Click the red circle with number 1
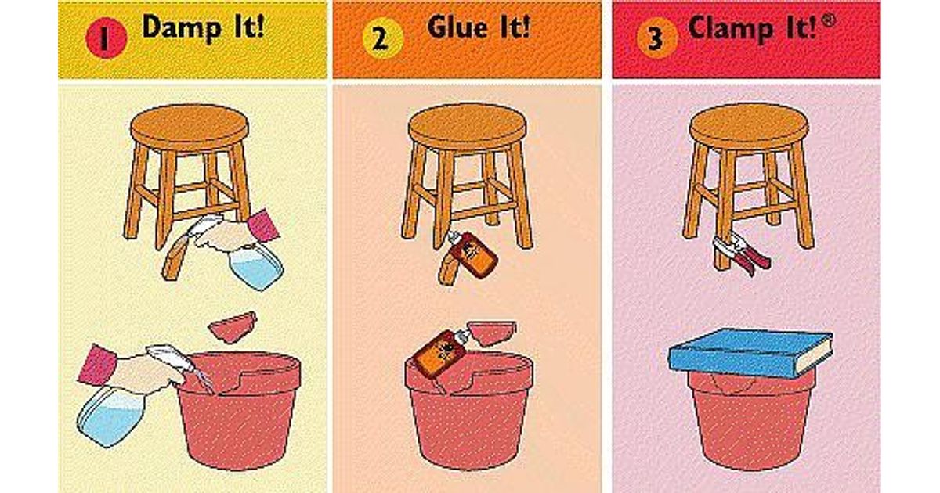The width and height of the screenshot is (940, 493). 107,38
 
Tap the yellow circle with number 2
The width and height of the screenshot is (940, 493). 383,38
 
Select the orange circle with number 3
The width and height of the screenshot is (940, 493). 656,38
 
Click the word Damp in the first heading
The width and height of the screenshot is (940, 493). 182,28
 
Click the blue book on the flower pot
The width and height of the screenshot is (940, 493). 750,353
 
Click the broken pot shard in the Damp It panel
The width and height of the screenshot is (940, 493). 233,326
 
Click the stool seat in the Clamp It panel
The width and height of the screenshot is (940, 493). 750,125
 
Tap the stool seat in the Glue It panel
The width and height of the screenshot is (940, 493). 468,126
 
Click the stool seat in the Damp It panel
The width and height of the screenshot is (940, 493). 190,127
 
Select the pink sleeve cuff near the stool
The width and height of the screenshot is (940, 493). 264,225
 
